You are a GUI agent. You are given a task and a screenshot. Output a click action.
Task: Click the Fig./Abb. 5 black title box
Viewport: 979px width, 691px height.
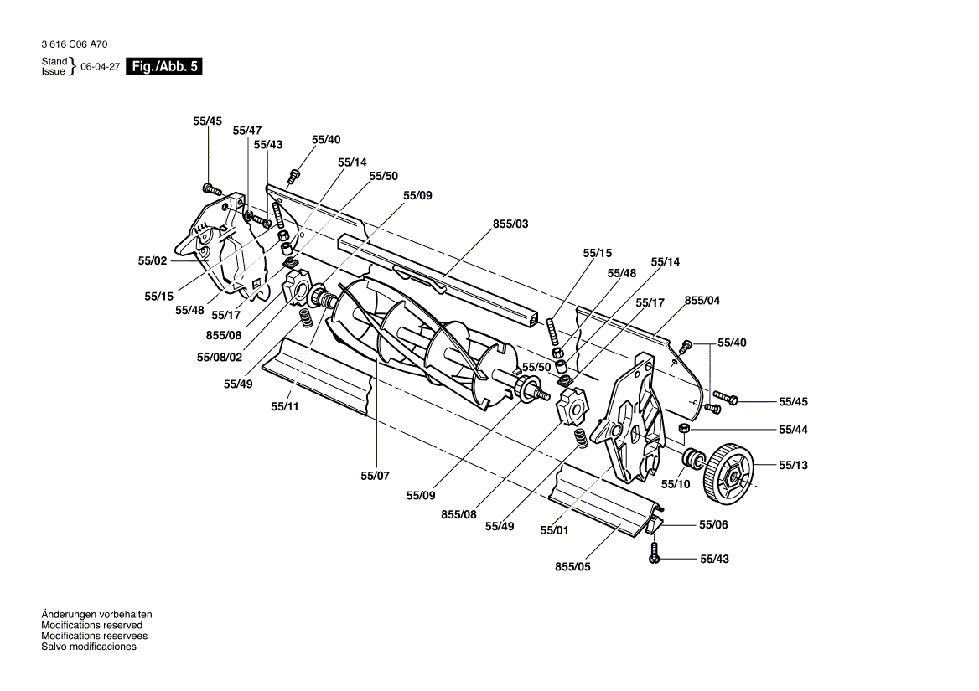click(x=164, y=67)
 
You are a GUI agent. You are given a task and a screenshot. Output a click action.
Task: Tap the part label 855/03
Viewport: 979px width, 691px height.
click(x=510, y=224)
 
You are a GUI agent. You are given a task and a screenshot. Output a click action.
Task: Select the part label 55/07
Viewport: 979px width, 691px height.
click(x=375, y=476)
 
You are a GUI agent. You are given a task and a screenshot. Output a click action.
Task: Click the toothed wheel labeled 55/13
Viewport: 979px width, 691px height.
click(x=728, y=473)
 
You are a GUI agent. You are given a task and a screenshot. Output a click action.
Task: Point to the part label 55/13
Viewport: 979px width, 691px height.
click(x=793, y=465)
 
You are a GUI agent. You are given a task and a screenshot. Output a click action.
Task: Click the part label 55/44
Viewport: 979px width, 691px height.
click(x=793, y=430)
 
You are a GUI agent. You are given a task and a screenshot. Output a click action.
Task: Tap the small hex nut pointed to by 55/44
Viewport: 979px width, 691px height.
click(x=684, y=429)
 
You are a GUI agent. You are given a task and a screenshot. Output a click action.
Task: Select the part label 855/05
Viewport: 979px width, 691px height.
click(x=572, y=567)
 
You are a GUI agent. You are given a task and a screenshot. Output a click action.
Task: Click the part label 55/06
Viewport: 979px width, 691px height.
click(x=713, y=524)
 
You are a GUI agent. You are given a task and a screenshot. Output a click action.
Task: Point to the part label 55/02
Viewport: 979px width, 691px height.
click(x=153, y=260)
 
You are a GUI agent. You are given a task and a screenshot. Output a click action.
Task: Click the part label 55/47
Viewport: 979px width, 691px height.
click(x=247, y=131)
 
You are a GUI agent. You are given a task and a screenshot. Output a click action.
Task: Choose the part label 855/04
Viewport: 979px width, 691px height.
click(x=702, y=301)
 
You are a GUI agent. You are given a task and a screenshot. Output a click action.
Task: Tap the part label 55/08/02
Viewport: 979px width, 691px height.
click(x=219, y=358)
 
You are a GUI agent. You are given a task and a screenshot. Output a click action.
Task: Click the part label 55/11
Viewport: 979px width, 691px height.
click(x=285, y=406)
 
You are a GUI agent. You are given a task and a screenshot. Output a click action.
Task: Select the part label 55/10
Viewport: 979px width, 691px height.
click(x=676, y=484)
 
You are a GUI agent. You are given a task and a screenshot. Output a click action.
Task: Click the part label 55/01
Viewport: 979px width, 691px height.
click(x=554, y=530)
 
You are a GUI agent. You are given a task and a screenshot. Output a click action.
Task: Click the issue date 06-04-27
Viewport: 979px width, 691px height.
click(x=100, y=67)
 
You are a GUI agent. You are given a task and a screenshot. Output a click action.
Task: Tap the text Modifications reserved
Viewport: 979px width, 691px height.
click(x=92, y=625)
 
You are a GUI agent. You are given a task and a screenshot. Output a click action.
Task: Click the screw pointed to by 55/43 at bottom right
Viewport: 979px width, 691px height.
click(x=655, y=553)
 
